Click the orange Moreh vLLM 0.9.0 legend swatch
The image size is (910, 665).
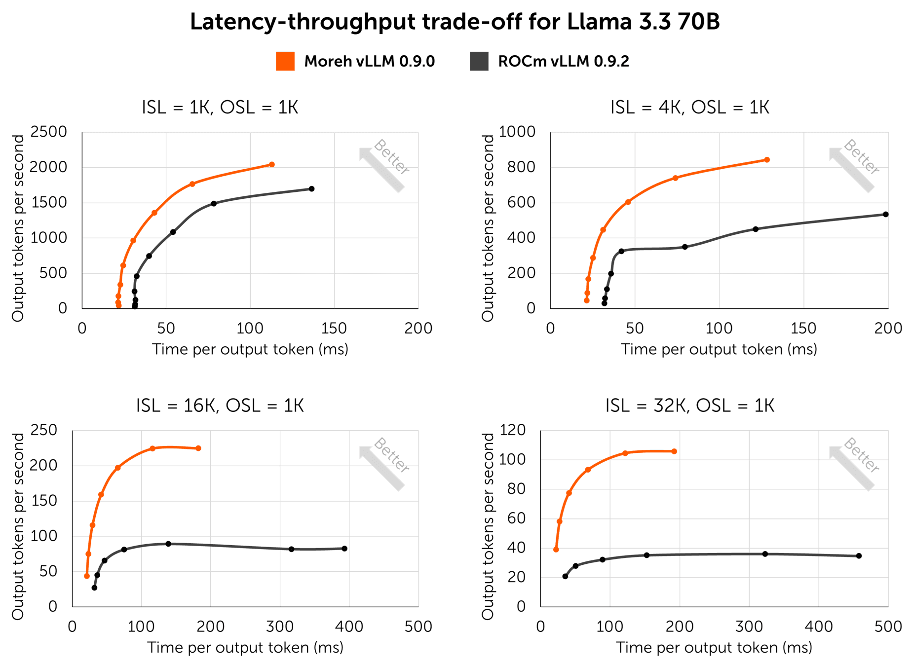point(285,61)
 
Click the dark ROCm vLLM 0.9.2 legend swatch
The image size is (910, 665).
point(479,61)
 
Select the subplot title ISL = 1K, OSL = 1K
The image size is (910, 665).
point(220,108)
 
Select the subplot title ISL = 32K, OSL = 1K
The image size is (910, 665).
point(689,406)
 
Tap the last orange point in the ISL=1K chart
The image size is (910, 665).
point(272,165)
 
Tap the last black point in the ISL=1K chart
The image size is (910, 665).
point(311,189)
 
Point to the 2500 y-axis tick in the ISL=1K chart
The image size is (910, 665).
point(48,132)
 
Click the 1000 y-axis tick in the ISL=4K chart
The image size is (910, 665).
point(517,132)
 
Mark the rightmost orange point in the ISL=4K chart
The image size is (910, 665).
point(767,160)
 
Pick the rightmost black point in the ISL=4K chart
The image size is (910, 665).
point(885,215)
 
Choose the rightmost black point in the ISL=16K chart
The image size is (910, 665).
point(344,549)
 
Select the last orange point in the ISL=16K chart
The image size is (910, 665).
point(198,448)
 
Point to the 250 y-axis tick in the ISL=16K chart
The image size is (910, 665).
point(44,430)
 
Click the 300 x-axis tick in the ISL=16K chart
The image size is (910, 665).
point(280,627)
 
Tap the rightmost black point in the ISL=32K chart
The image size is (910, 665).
point(859,556)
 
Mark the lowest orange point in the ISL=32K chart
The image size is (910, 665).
point(556,550)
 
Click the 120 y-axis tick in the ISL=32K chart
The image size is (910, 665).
point(513,430)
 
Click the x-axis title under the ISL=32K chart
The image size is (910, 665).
point(714,648)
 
